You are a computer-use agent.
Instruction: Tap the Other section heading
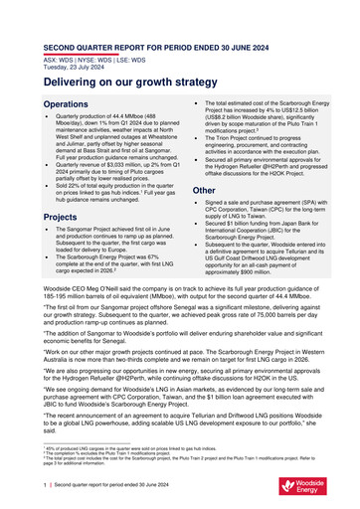pos(204,190)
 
